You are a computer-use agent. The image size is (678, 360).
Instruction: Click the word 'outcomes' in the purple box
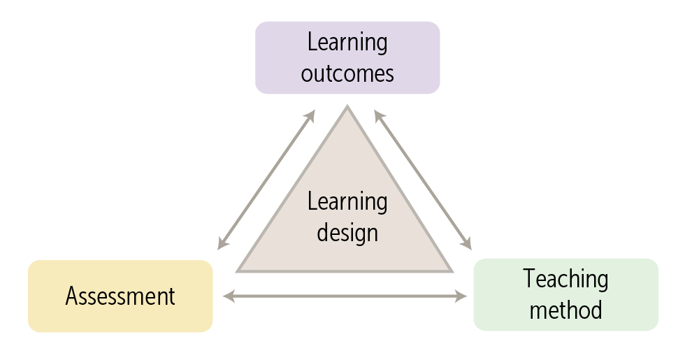point(347,73)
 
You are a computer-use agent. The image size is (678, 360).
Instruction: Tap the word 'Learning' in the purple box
point(347,42)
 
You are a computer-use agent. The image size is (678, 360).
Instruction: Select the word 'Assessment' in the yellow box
point(120,296)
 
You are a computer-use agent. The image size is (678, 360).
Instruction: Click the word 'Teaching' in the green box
point(565,279)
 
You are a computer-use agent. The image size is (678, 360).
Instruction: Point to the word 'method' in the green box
point(565,310)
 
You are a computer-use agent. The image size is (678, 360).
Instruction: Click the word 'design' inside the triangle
point(347,232)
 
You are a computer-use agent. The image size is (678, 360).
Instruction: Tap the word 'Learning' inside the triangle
point(347,202)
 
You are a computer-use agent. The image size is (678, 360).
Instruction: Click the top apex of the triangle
point(347,107)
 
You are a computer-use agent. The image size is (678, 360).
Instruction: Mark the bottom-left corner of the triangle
point(238,271)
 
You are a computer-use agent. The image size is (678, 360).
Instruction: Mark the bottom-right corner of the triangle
point(452,271)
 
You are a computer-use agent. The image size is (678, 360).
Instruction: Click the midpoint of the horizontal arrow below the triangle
point(345,296)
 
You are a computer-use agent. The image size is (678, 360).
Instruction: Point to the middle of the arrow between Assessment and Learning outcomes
point(266,180)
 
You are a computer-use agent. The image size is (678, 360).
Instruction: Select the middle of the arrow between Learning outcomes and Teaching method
point(423,180)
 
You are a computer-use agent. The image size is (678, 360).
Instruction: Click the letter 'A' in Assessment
point(71,296)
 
